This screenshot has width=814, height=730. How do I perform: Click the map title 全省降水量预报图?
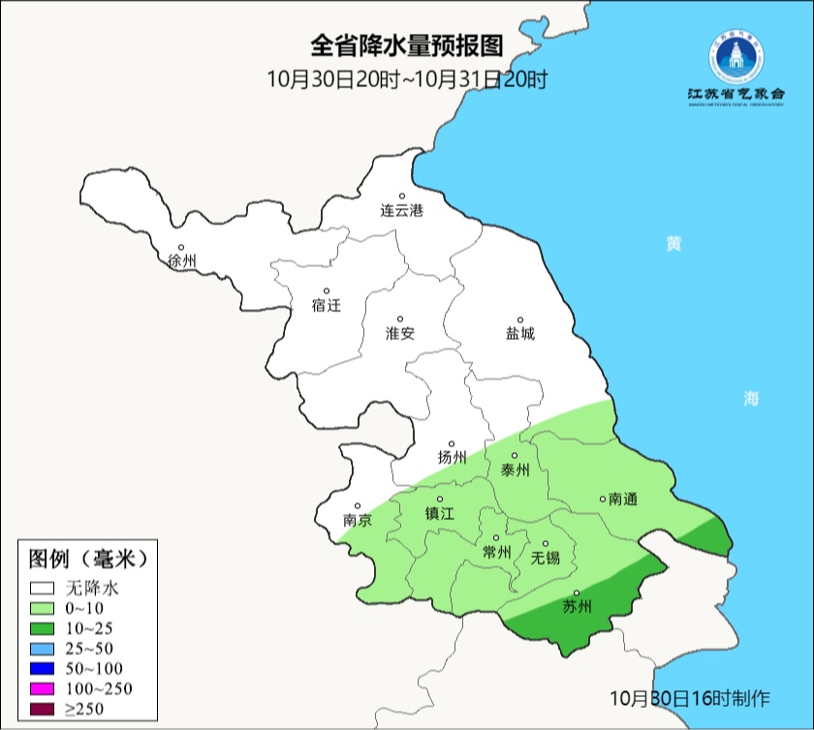click(x=407, y=46)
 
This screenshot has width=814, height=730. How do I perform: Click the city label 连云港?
click(x=401, y=210)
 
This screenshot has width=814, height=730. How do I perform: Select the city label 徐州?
click(x=181, y=261)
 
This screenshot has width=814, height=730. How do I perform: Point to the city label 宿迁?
click(x=327, y=305)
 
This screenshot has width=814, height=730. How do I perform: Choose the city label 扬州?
click(x=452, y=457)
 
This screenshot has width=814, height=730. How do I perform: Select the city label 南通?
click(x=622, y=499)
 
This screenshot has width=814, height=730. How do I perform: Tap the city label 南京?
click(x=357, y=520)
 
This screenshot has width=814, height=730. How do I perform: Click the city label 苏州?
click(x=577, y=607)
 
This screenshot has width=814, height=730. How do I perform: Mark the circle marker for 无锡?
click(x=545, y=544)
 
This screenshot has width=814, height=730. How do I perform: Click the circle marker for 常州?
click(x=496, y=538)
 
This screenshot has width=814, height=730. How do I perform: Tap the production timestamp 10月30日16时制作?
click(x=690, y=697)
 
